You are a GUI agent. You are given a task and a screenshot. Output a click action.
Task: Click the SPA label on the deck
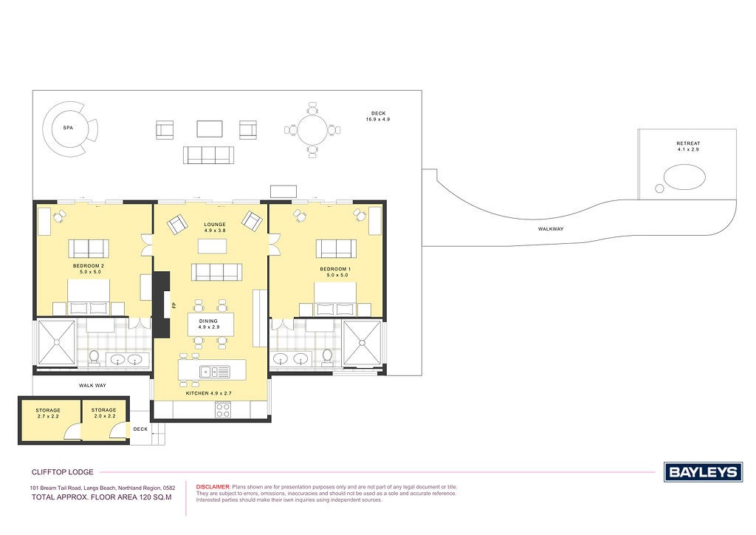[68, 128]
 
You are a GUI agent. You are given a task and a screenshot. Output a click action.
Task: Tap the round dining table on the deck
[312, 130]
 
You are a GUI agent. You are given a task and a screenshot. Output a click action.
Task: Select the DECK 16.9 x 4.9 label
[378, 116]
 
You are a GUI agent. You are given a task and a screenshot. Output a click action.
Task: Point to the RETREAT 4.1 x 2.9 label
[688, 146]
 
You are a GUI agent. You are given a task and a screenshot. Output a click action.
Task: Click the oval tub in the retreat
[684, 177]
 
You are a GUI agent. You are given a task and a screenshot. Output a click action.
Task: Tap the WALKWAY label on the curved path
[551, 229]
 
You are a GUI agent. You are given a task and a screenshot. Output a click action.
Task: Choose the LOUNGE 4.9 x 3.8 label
[215, 227]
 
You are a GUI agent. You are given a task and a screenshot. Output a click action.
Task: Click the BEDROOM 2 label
[89, 266]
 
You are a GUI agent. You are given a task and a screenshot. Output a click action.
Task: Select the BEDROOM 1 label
[336, 269]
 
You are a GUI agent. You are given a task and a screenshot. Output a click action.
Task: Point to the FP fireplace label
[174, 305]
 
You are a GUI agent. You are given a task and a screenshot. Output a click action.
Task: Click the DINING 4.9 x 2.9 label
[208, 324]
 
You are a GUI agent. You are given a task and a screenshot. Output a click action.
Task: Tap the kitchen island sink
[215, 372]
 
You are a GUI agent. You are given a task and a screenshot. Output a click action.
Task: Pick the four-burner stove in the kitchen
[223, 409]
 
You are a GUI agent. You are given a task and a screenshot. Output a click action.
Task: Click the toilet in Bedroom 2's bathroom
[94, 356]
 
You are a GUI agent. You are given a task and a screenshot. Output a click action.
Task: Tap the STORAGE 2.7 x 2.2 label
[48, 413]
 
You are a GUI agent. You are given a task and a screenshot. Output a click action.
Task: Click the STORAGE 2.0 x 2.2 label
[103, 413]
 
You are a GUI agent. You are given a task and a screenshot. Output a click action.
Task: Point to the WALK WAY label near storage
[92, 386]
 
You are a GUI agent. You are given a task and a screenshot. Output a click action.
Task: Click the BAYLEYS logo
[704, 471]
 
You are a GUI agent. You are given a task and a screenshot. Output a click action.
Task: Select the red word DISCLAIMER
[213, 487]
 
